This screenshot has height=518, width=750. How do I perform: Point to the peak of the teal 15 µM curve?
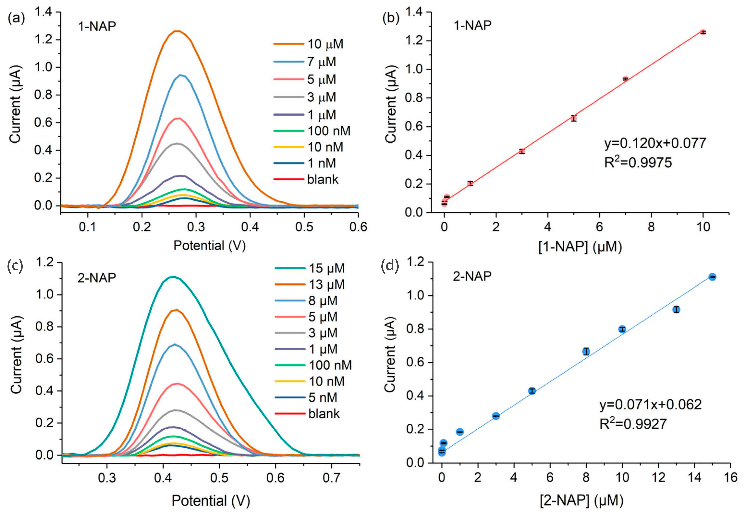click(173, 277)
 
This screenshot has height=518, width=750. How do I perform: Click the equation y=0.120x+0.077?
click(655, 143)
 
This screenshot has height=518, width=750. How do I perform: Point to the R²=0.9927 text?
click(633, 424)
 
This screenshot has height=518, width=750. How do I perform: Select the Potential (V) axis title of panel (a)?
click(210, 245)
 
